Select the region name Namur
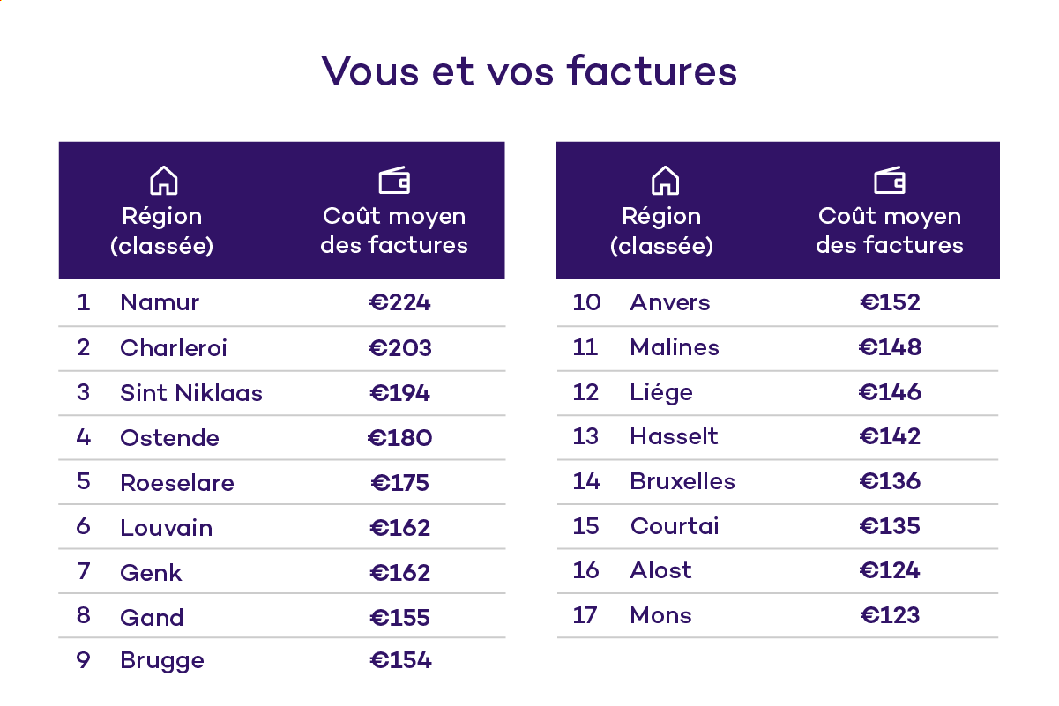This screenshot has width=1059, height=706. click(160, 302)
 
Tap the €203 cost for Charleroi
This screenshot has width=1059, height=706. click(400, 347)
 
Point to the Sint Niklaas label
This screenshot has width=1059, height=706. click(191, 392)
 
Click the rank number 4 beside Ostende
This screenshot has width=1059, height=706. click(84, 437)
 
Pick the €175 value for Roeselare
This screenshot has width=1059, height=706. click(400, 482)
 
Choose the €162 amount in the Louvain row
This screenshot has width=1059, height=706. click(400, 527)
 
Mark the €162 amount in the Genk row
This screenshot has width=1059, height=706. click(400, 572)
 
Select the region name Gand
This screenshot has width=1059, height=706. click(152, 617)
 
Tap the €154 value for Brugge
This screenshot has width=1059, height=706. click(400, 660)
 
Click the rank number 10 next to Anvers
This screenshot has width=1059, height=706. click(586, 302)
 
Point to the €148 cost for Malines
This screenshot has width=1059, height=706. click(890, 347)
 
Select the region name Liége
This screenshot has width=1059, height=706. click(661, 392)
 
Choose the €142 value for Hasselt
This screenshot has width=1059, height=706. click(890, 436)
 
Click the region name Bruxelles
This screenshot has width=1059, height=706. click(682, 481)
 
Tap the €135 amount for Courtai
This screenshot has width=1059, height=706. click(890, 526)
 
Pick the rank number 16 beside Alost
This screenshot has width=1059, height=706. click(586, 570)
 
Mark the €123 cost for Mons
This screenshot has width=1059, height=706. click(890, 615)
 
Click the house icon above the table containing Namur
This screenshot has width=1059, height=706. click(163, 181)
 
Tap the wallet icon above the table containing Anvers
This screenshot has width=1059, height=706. click(890, 181)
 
